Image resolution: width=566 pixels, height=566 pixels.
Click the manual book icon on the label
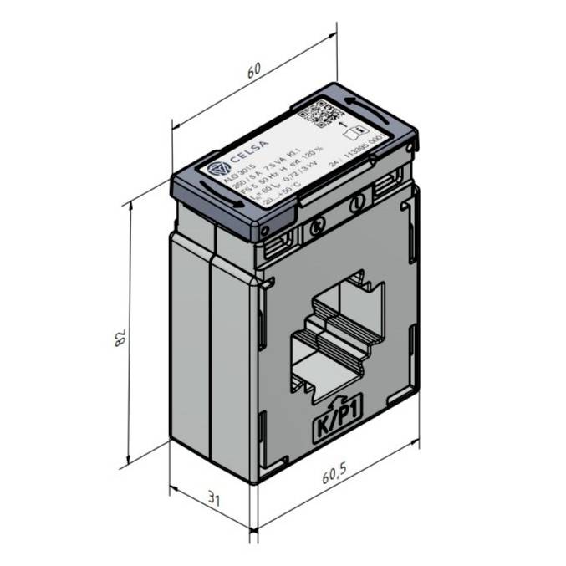354,131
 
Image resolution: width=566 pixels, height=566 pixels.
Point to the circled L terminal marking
358,201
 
